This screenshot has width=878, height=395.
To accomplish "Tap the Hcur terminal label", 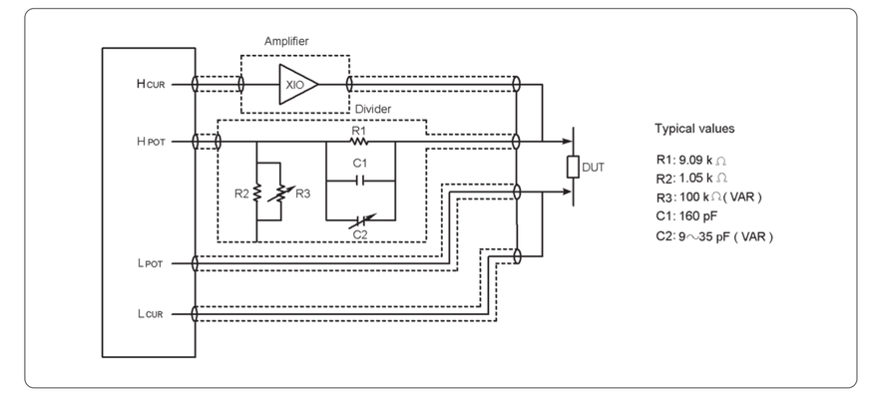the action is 151,85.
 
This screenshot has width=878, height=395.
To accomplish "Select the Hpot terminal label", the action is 151,142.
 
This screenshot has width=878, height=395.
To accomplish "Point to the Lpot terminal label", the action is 150,263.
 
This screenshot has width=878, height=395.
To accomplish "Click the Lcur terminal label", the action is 150,314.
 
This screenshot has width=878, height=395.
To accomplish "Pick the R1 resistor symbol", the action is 359,142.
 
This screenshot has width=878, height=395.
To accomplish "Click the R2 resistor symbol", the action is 256,192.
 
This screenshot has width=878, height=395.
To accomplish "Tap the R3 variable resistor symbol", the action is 280,194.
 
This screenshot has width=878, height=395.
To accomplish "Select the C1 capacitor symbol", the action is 360,181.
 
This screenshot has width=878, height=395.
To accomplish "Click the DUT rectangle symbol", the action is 573,167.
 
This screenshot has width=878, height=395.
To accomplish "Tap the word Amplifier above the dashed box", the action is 286,42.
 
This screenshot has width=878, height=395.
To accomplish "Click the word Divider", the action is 373,109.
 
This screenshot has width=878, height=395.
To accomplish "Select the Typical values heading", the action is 694,129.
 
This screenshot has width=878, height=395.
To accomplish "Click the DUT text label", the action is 593,168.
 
